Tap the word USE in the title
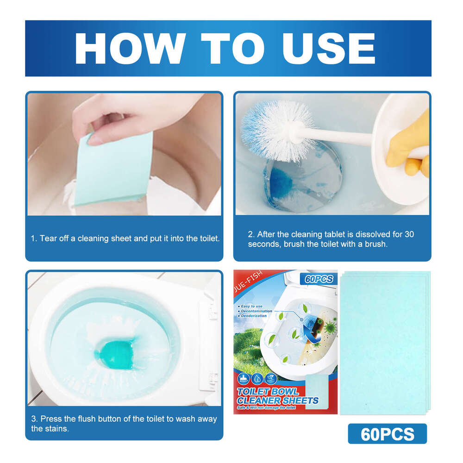pyautogui.click(x=324, y=48)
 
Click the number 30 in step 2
pyautogui.click(x=409, y=234)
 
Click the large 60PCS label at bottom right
pyautogui.click(x=387, y=434)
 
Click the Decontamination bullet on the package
pyautogui.click(x=257, y=311)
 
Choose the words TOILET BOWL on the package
pyautogui.click(x=268, y=392)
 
